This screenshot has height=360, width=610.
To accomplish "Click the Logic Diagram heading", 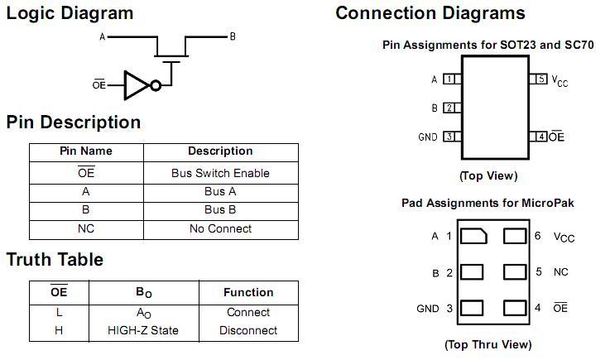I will click(70, 13).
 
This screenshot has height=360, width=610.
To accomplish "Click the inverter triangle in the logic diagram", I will click(135, 84).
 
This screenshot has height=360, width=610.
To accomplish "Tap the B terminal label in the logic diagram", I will click(233, 36).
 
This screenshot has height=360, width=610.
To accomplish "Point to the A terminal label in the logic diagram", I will click(103, 36).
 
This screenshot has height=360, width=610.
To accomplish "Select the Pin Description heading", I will click(74, 122).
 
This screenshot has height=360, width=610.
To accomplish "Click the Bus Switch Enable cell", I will click(220, 173).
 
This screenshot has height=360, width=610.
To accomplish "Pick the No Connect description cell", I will click(220, 228).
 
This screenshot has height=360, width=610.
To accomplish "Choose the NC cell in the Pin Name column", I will click(86, 228).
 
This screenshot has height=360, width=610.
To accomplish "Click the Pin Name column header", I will click(86, 151).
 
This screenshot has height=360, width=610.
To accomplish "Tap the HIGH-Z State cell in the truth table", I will click(143, 330).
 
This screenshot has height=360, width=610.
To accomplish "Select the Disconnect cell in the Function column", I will click(248, 330).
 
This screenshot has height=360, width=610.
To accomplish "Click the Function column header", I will click(248, 292).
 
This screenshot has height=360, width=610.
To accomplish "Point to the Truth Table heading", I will click(55, 260).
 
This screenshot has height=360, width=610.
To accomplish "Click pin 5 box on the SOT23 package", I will click(540, 79).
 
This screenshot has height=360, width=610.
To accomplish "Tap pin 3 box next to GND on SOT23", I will click(449, 137).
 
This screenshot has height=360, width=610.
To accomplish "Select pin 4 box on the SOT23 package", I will click(540, 137).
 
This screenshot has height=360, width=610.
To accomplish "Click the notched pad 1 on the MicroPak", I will click(473, 237).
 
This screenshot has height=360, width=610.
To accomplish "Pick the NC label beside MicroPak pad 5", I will click(560, 271).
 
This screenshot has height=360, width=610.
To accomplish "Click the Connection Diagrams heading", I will click(430, 13).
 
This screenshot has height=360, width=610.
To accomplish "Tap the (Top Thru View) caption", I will click(488, 344).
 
